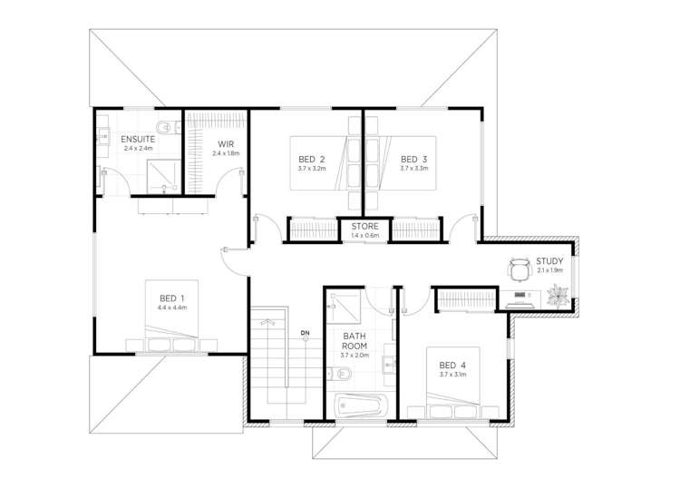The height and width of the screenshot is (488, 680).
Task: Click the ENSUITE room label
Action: tap(138, 140)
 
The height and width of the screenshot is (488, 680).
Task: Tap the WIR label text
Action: tap(226, 144)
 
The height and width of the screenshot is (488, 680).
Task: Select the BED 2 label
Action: tap(312, 160)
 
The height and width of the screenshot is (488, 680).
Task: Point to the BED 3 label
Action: tap(413, 160)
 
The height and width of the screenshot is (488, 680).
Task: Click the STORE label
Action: tap(364, 227)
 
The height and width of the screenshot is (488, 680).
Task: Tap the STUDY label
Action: tap(549, 261)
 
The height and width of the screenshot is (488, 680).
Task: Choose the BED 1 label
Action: tap(172, 298)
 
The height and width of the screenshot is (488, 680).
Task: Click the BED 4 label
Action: tap(452, 366)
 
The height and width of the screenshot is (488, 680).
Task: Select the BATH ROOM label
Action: tap(355, 341)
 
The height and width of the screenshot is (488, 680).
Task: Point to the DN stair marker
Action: tap(306, 333)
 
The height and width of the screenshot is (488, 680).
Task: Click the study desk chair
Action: tap(520, 270)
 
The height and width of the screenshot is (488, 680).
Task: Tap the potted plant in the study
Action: tap(558, 296)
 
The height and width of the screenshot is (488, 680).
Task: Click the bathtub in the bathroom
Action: tap(361, 406)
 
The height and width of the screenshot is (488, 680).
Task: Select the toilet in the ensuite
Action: tap(169, 127)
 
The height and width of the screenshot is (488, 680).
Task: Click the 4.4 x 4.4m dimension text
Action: tap(172, 307)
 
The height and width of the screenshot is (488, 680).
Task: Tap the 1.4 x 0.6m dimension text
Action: tap(364, 236)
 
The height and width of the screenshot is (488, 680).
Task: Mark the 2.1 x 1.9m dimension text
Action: tap(550, 270)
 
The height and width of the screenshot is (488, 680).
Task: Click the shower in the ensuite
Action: tap(164, 177)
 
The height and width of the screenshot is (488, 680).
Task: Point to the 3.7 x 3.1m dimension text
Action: tap(452, 375)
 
